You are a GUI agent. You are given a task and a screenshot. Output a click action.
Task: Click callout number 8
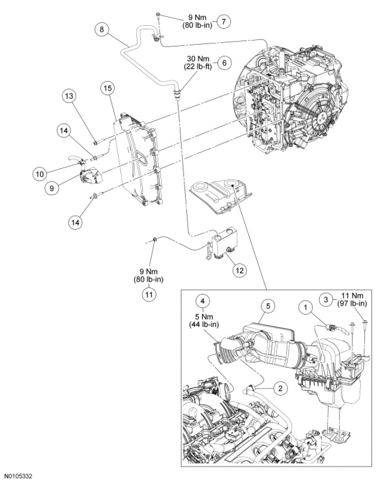(x=101, y=30)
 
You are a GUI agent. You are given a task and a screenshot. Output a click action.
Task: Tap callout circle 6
(x=224, y=63)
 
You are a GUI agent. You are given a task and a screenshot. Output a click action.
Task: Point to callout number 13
(x=69, y=96)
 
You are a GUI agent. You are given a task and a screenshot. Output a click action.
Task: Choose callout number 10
(x=40, y=173)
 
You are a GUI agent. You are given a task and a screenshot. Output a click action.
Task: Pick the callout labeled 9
(x=52, y=187)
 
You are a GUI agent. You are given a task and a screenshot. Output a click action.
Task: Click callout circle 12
(x=240, y=269)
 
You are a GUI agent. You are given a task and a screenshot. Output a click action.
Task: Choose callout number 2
(x=280, y=389)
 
